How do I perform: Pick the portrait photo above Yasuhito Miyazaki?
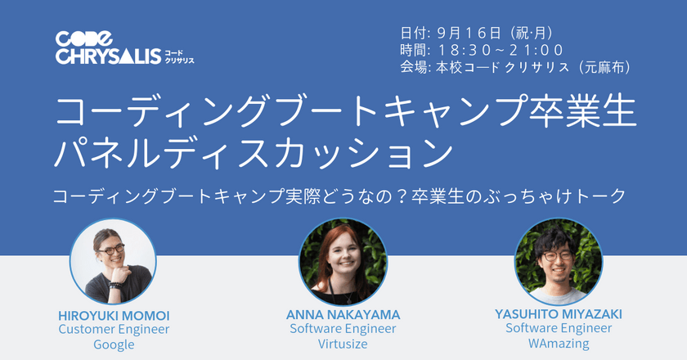(559, 261)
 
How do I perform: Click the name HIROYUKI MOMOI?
(114, 315)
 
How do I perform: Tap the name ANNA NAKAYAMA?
(343, 315)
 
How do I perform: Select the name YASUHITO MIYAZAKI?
(559, 313)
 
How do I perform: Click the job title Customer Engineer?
(114, 330)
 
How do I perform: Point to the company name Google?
(114, 344)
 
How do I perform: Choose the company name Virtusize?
(343, 344)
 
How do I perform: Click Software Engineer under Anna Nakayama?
(343, 329)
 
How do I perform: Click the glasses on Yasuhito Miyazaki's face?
(559, 255)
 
